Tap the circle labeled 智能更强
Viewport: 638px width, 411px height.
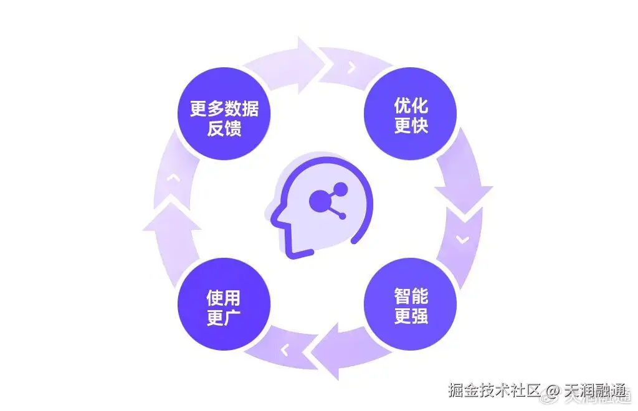411,305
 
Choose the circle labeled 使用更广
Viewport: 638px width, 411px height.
224,305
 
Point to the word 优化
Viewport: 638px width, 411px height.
411,105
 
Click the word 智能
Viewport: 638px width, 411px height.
411,295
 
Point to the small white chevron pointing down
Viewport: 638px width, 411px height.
462,239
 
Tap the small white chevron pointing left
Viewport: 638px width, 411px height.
285,350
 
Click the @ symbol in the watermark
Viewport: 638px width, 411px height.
552,391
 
